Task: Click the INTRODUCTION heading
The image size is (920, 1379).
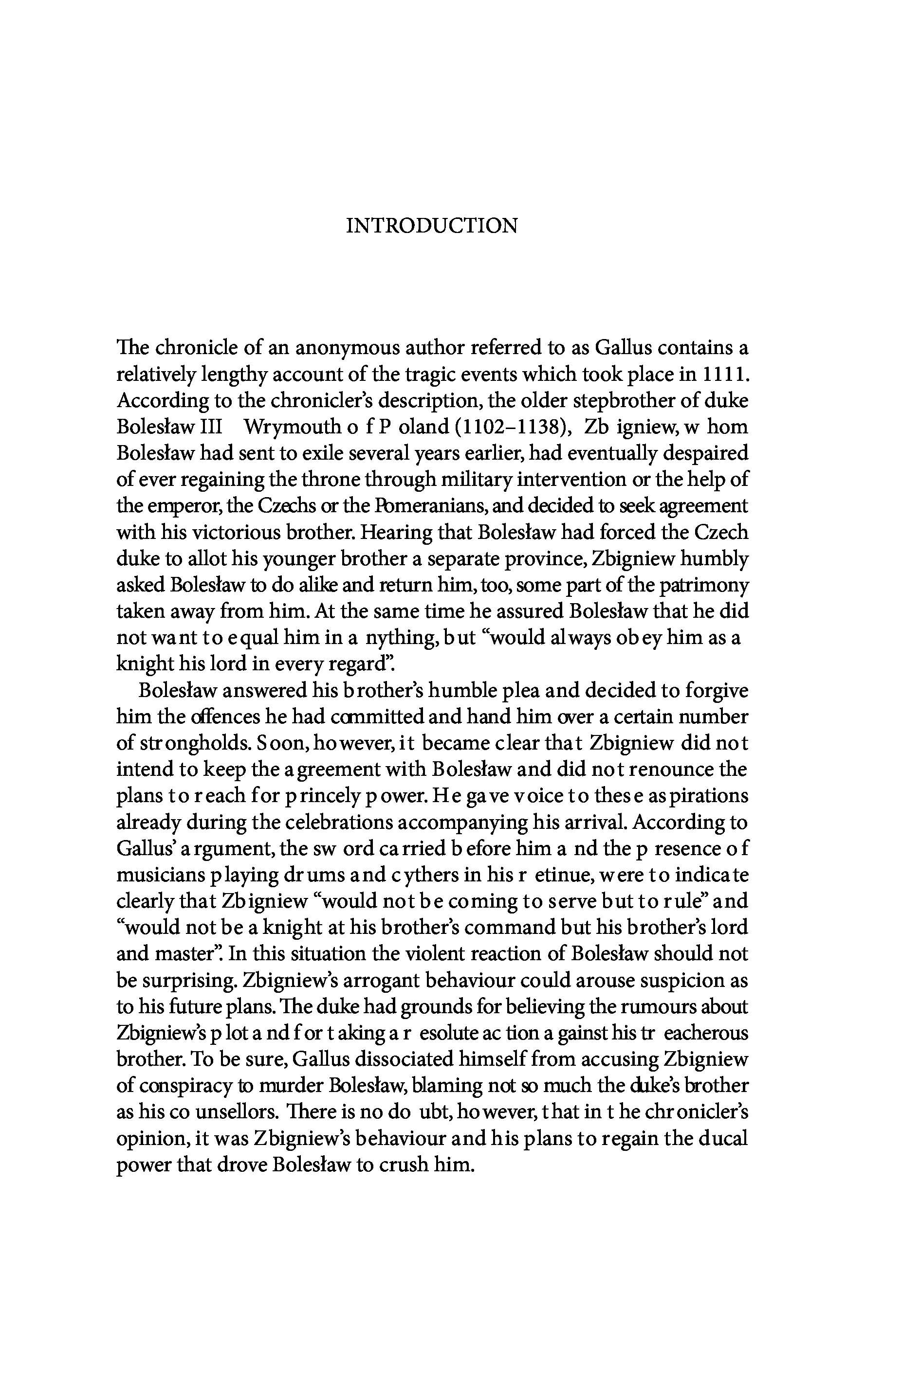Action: click(x=432, y=226)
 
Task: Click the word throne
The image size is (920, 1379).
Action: click(x=329, y=480)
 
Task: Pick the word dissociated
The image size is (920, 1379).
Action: click(x=412, y=1059)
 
